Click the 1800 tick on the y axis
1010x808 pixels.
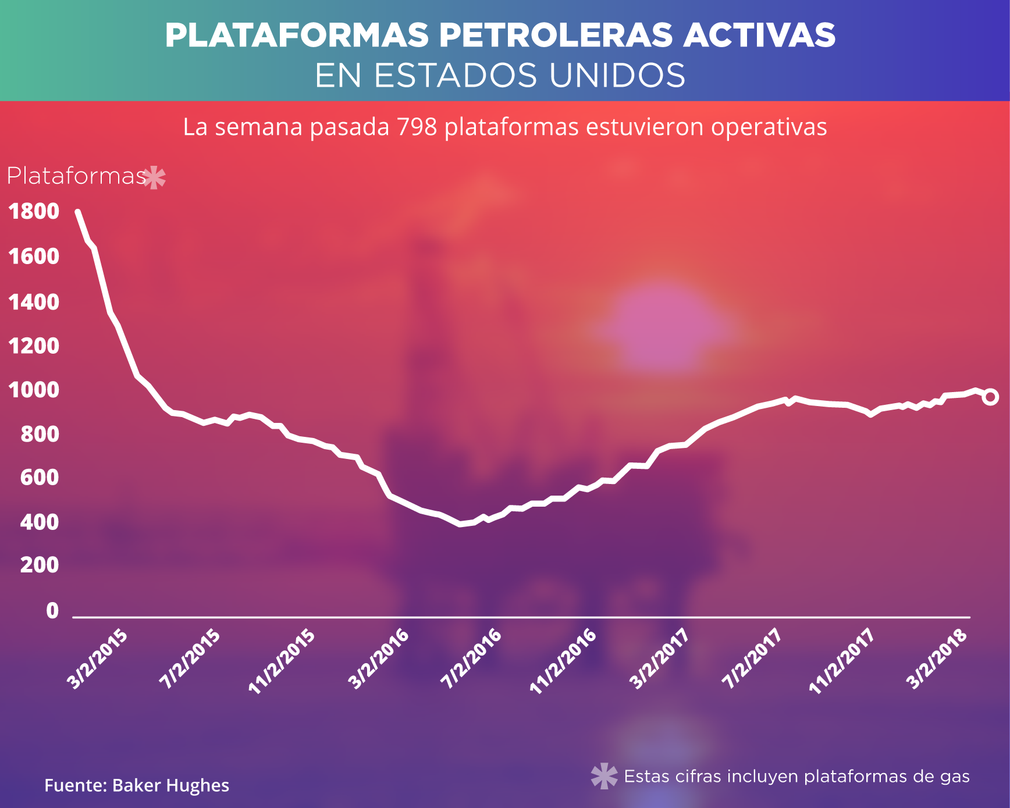(x=34, y=212)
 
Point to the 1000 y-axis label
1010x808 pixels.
(x=34, y=390)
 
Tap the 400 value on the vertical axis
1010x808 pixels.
(x=40, y=522)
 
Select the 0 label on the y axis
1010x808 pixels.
(x=52, y=611)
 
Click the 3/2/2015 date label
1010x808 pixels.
(x=98, y=659)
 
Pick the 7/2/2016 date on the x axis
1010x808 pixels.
(x=472, y=659)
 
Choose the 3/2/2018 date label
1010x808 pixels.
(x=937, y=659)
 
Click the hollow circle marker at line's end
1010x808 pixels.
(x=990, y=397)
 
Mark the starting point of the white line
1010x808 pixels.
(x=77, y=212)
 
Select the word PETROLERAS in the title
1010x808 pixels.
(x=556, y=35)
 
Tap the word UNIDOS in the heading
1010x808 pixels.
(x=617, y=76)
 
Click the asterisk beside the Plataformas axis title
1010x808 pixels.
(x=154, y=177)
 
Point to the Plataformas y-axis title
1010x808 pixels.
(x=76, y=176)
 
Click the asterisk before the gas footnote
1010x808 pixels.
(x=604, y=776)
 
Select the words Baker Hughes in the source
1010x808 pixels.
(x=170, y=786)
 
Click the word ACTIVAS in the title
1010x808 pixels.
(x=759, y=35)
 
